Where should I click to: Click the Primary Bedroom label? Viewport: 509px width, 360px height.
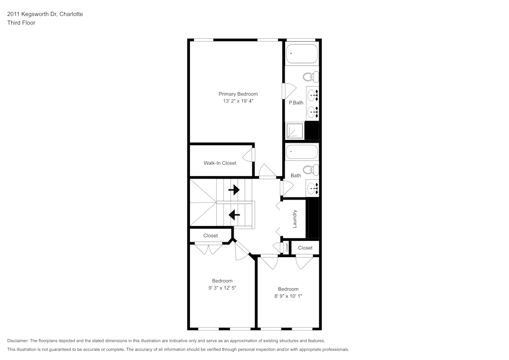[238, 94]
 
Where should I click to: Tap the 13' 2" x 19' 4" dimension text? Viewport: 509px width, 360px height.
[238, 101]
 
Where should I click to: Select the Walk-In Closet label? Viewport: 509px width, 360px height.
[220, 163]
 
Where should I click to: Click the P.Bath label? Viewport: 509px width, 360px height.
[296, 103]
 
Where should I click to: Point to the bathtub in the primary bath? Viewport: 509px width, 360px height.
[301, 53]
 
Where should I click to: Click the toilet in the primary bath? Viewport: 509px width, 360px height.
[309, 77]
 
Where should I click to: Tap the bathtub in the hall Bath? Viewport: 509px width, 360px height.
[301, 152]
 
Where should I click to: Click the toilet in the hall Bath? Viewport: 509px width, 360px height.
[309, 170]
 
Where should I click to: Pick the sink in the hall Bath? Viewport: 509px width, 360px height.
[313, 188]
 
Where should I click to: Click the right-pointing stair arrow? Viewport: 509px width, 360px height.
[234, 190]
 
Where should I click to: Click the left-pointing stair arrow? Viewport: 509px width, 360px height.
[234, 215]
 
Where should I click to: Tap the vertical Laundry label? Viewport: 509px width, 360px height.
[295, 218]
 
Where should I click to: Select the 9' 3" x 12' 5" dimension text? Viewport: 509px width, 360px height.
[222, 288]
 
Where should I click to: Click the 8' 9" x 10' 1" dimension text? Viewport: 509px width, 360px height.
[288, 296]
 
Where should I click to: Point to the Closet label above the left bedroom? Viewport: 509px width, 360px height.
[210, 236]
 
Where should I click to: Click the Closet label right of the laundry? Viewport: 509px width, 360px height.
[305, 248]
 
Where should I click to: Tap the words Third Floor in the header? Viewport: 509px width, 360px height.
[21, 23]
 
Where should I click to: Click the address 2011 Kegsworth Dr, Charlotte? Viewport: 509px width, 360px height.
[45, 14]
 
